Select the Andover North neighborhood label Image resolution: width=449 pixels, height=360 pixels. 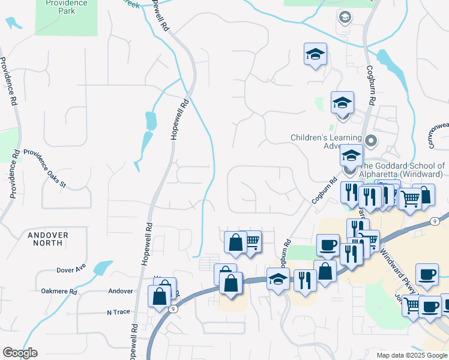click(47, 239)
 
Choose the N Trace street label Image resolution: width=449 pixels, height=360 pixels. click(118, 313)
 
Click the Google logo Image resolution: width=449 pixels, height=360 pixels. click(20, 353)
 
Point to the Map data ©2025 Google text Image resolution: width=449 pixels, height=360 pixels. click(411, 355)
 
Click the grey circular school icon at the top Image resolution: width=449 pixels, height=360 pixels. click(345, 17)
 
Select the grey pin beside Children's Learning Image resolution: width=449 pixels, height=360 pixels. click(371, 142)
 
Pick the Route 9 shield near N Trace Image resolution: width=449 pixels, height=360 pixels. click(173, 309)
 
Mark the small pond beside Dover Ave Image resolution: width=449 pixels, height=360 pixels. click(103, 266)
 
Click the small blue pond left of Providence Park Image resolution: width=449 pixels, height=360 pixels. click(13, 23)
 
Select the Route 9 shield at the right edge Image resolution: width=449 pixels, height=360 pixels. click(433, 222)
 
